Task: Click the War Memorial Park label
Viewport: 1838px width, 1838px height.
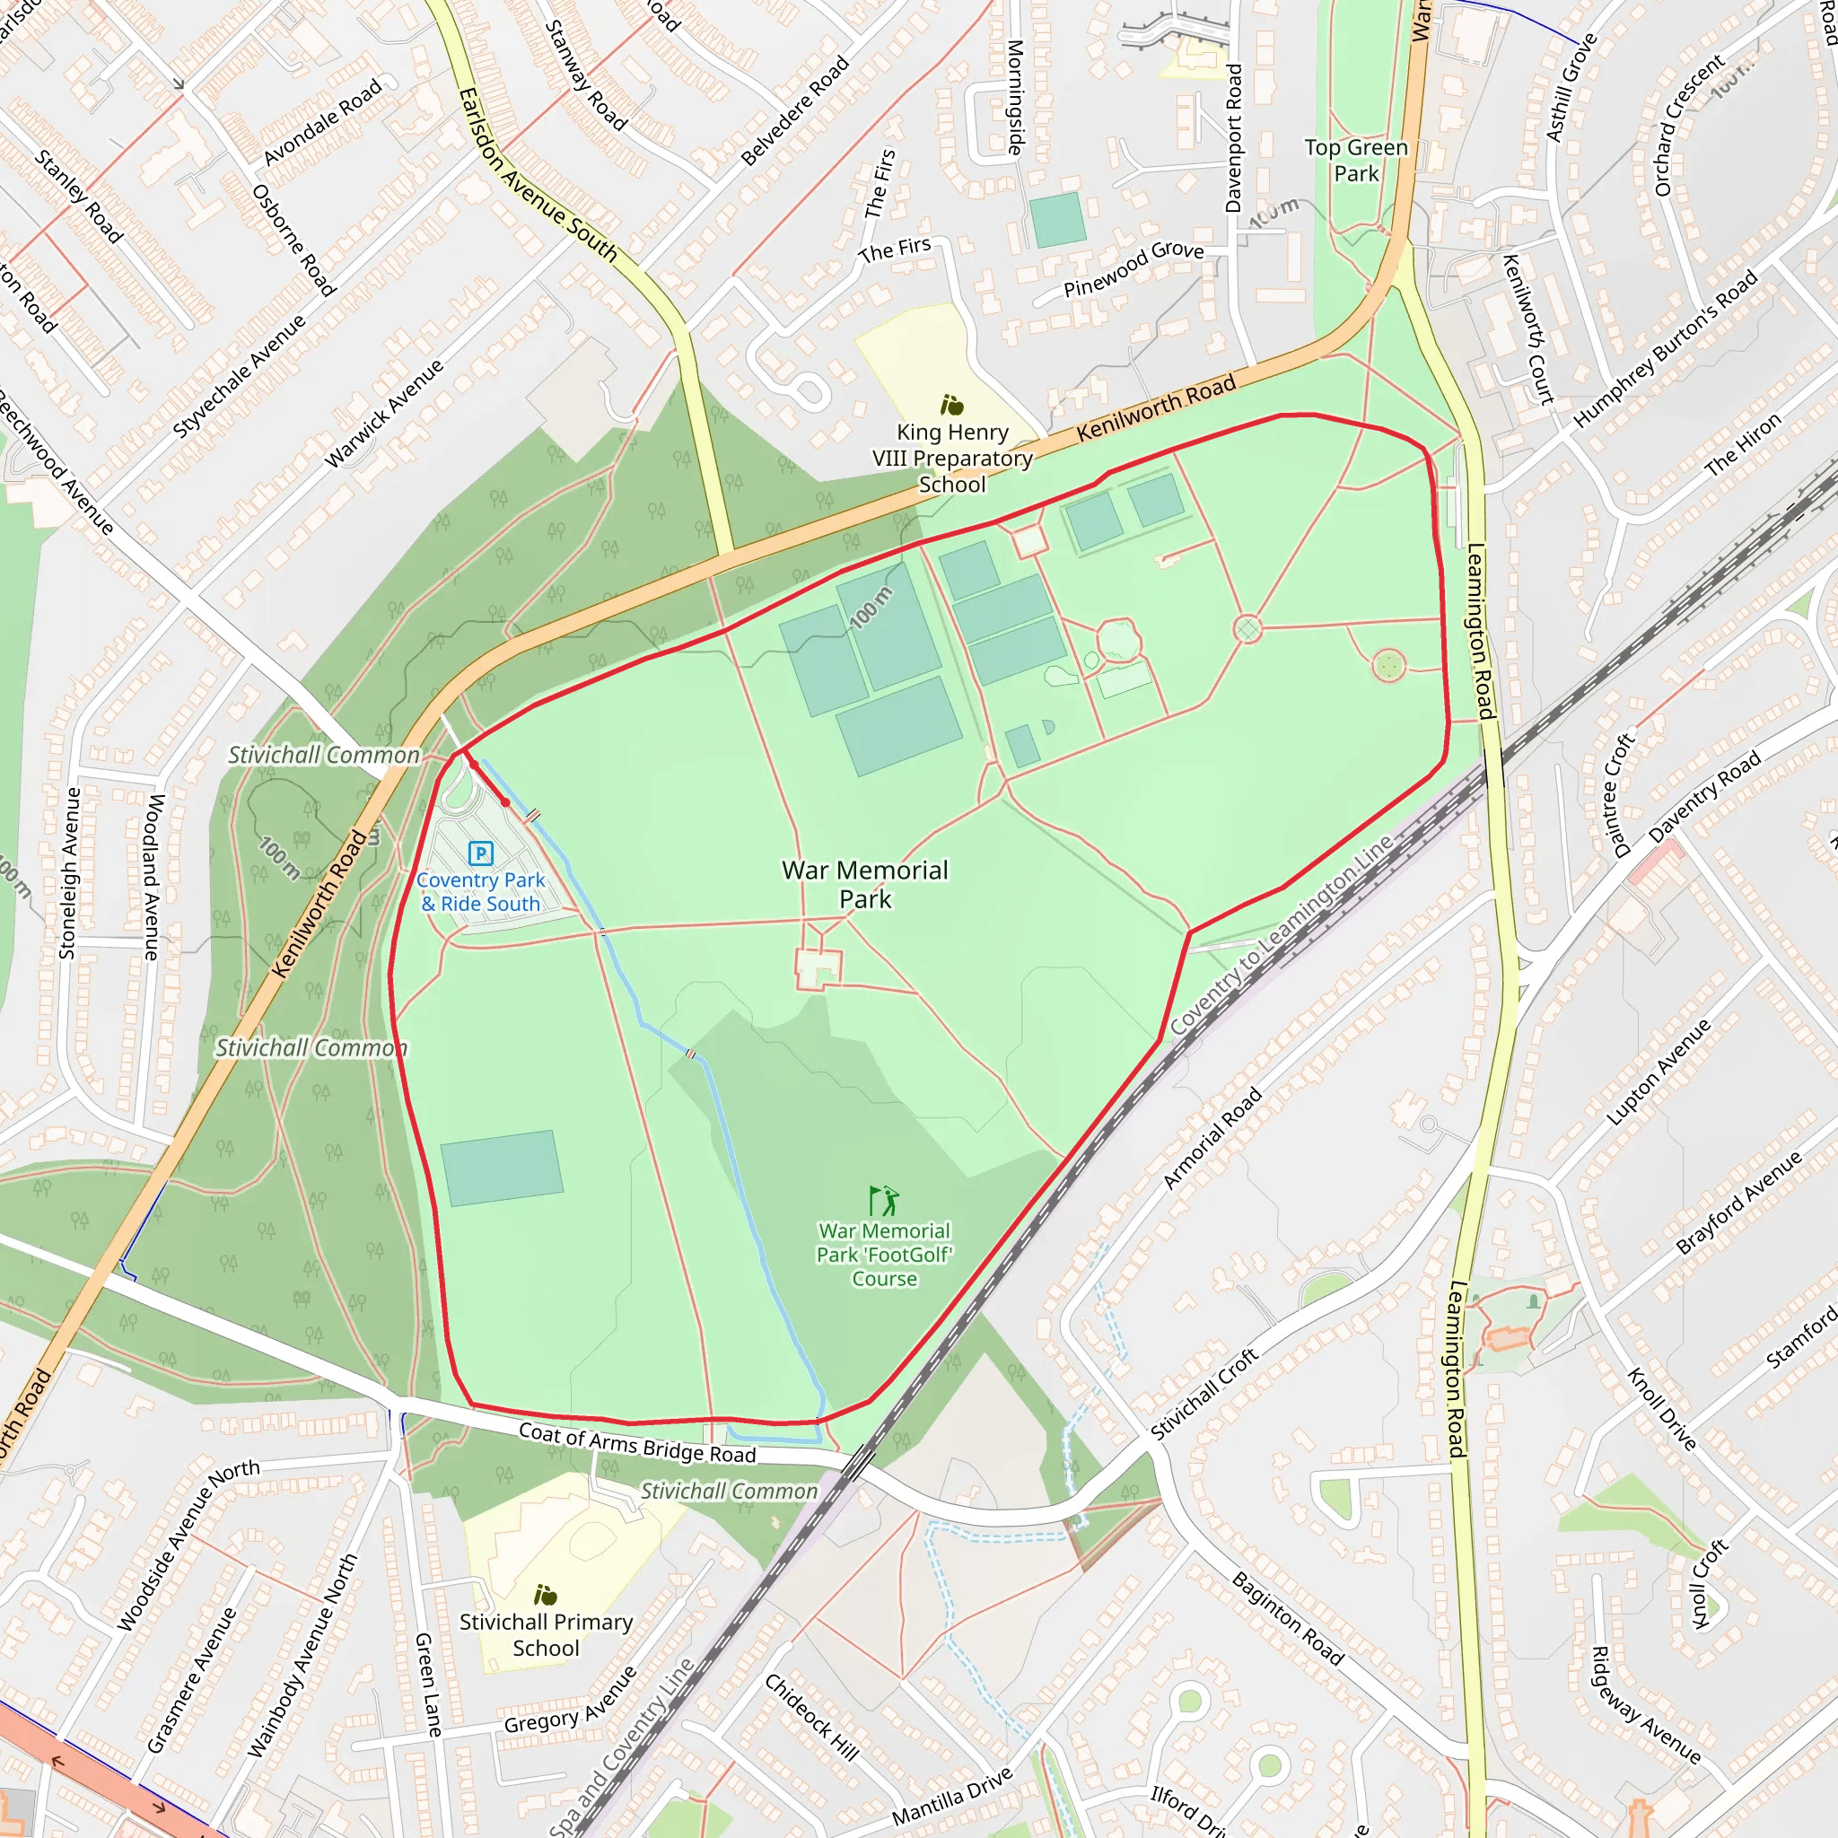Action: [x=865, y=884]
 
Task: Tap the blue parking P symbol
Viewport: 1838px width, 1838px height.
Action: [x=481, y=853]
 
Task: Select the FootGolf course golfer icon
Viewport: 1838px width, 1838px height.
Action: [x=885, y=1201]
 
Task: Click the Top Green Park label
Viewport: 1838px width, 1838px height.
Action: [x=1356, y=160]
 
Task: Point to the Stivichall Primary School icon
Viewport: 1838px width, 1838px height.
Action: [x=545, y=1595]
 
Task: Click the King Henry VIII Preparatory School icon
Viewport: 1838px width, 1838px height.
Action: [x=951, y=406]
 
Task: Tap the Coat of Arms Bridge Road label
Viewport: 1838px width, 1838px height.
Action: [x=637, y=1443]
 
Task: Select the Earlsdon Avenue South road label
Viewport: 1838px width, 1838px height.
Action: [x=538, y=176]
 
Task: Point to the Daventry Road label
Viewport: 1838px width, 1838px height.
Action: [x=1705, y=797]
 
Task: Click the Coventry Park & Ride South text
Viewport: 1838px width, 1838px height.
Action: [x=481, y=892]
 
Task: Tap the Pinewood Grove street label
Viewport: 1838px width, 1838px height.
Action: [x=1133, y=269]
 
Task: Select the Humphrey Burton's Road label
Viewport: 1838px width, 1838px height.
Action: [x=1665, y=349]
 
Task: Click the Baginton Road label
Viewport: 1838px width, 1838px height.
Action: [x=1287, y=1618]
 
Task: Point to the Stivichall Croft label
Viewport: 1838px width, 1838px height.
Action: [x=1204, y=1394]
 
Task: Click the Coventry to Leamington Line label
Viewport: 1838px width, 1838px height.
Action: [x=1282, y=935]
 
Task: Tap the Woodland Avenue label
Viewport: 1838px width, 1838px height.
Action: [x=153, y=877]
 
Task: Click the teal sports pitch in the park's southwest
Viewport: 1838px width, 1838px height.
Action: [x=502, y=1168]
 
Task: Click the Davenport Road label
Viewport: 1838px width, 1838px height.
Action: [x=1234, y=138]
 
